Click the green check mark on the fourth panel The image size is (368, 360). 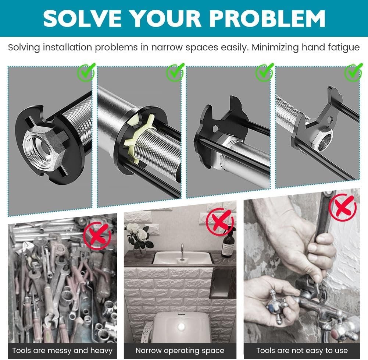tap(354, 73)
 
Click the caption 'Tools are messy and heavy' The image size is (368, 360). tap(62, 350)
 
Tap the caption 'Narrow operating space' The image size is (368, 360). tap(180, 350)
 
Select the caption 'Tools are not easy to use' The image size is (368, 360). tap(302, 350)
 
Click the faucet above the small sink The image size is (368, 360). tap(181, 251)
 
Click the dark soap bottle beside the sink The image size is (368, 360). tap(229, 243)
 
